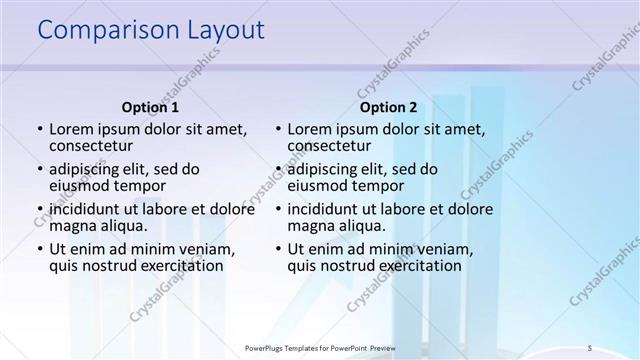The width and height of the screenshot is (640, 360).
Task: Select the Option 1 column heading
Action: [150, 107]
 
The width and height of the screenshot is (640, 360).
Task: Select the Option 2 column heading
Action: [389, 107]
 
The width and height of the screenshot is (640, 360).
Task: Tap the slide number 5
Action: [590, 347]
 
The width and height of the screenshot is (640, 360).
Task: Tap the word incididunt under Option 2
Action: [329, 209]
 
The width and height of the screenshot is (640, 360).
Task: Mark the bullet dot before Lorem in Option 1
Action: [39, 129]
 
